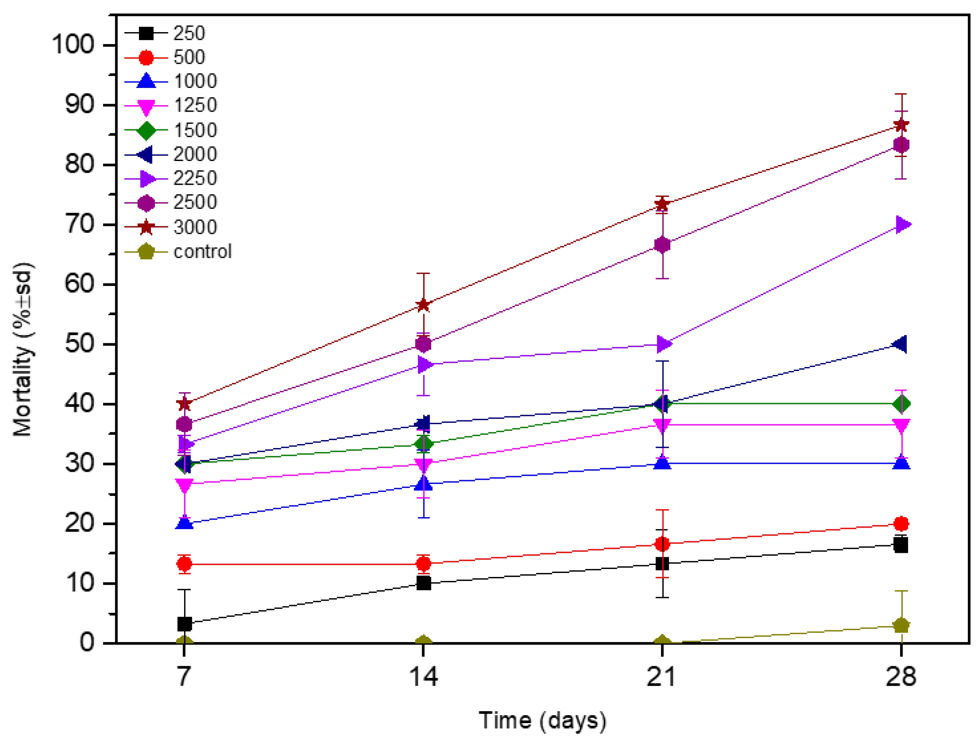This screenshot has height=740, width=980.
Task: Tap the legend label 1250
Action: click(x=195, y=106)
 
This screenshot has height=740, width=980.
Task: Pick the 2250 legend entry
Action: click(x=195, y=179)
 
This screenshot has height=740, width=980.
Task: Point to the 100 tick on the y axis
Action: click(x=73, y=45)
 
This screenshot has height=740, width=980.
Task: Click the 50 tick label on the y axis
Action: click(x=80, y=344)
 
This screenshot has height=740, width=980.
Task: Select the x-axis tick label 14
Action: click(x=423, y=677)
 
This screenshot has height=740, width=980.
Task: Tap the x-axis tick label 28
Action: click(x=901, y=677)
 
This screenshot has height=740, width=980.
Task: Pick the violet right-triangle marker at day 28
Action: click(x=902, y=225)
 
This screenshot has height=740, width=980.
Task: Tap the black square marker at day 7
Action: click(x=184, y=624)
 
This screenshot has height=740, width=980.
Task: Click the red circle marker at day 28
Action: click(x=901, y=524)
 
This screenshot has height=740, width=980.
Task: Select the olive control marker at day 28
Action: click(x=901, y=626)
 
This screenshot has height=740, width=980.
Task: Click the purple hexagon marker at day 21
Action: click(x=662, y=245)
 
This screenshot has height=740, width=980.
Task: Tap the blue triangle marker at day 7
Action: click(x=184, y=523)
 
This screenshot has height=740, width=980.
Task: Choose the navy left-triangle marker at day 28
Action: click(x=900, y=344)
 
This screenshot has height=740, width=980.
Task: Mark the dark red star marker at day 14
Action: click(x=424, y=305)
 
